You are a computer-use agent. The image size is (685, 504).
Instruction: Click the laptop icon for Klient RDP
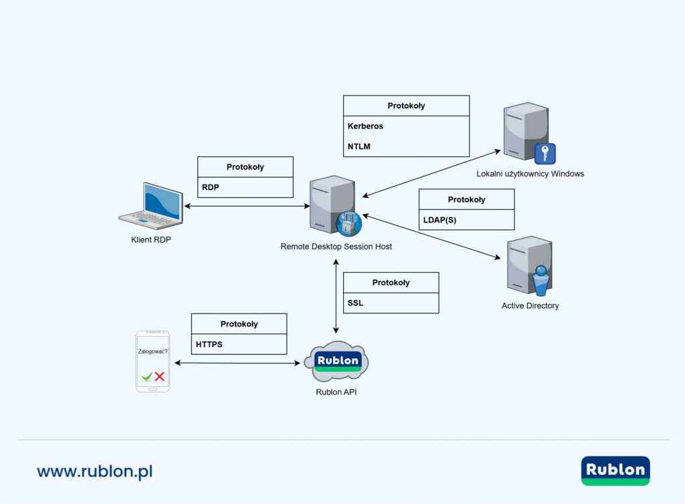[151, 205]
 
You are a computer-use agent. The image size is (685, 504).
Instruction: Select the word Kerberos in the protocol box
[365, 126]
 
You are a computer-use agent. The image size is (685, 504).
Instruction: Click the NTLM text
[359, 145]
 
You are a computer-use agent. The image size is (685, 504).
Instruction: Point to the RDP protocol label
[211, 188]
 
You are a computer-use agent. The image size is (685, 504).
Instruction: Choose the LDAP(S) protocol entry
[440, 220]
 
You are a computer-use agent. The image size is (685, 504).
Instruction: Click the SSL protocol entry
[355, 303]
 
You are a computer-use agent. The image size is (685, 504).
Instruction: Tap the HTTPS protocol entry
[209, 345]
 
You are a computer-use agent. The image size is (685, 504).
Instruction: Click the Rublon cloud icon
[336, 362]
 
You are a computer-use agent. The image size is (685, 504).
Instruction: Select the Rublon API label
[336, 392]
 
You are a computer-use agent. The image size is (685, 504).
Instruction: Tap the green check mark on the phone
[146, 377]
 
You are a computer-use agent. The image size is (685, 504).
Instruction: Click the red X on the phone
[160, 377]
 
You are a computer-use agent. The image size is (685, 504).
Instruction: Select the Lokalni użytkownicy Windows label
[530, 174]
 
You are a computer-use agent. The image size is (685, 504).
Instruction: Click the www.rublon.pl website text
[95, 471]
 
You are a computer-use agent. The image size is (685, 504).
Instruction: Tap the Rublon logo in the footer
[615, 471]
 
